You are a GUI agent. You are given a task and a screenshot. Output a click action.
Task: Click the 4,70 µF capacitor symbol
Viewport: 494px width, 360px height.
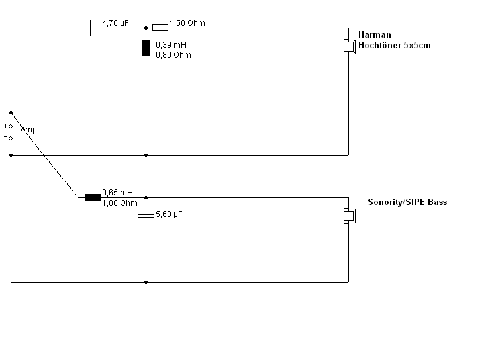click(x=92, y=28)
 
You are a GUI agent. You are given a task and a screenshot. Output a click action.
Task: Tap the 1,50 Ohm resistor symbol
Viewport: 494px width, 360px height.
click(x=160, y=28)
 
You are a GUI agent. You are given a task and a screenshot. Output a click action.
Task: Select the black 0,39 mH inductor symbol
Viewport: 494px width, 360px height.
click(x=146, y=48)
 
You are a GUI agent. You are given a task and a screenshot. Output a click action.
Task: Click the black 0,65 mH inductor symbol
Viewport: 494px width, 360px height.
click(x=92, y=197)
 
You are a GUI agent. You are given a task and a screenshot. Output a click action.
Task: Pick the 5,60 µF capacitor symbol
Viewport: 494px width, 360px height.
click(x=146, y=216)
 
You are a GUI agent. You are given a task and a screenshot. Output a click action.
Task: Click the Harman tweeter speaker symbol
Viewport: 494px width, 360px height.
click(x=349, y=46)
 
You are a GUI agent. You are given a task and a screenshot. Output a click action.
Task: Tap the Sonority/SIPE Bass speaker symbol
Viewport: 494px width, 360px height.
click(x=349, y=216)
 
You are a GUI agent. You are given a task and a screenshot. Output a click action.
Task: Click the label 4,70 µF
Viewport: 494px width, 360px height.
click(x=115, y=23)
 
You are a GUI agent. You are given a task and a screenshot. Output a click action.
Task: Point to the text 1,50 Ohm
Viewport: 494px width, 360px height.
click(x=187, y=23)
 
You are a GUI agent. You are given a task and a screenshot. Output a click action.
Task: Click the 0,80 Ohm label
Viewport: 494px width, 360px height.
click(x=173, y=55)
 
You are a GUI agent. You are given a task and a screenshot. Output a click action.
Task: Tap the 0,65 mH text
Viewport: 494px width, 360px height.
click(x=117, y=193)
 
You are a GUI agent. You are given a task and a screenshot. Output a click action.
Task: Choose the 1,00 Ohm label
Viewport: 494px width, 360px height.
click(x=120, y=203)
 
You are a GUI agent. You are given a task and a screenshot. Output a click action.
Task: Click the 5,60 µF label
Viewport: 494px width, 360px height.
click(x=168, y=215)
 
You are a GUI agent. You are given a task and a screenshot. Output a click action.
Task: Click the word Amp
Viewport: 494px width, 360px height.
click(x=28, y=130)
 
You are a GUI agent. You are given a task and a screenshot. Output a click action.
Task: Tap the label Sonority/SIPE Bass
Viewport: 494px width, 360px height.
click(x=407, y=202)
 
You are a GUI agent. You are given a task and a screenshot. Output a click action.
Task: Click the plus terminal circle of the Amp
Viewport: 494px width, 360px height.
click(x=11, y=126)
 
